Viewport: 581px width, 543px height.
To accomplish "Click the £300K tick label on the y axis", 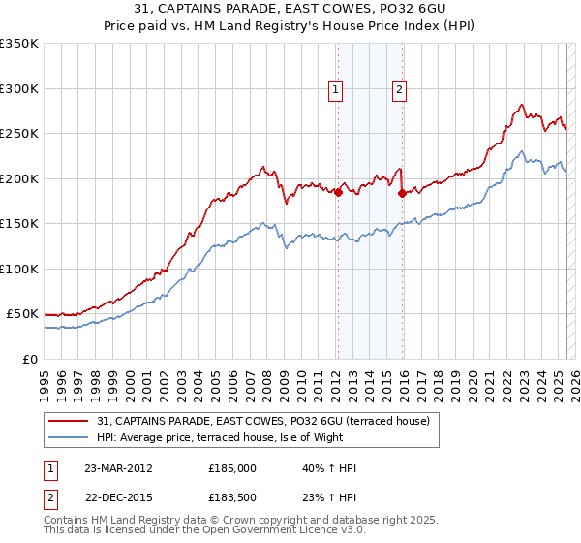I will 19,88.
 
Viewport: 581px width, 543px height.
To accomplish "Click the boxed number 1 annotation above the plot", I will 335,90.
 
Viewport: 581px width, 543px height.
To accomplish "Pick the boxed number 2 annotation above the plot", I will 399,90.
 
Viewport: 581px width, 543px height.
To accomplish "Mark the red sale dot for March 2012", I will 338,193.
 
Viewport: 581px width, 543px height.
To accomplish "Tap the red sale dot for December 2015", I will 402,193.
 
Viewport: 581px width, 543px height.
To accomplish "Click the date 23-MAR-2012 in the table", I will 120,468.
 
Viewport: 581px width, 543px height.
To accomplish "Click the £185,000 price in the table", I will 231,468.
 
